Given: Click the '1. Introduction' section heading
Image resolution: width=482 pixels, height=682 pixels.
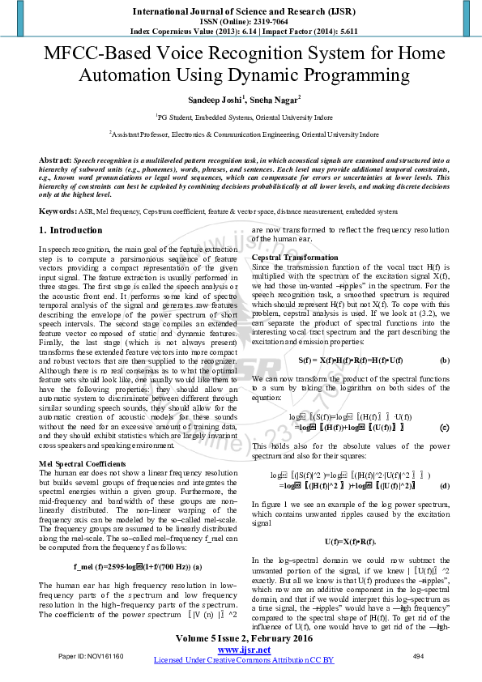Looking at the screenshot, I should pos(70,230).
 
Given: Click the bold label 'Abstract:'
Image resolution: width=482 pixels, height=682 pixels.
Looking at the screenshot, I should pos(55,160).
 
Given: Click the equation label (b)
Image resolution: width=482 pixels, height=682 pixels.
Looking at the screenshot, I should pos(445,359).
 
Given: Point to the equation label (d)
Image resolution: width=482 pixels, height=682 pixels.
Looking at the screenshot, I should pos(445,486).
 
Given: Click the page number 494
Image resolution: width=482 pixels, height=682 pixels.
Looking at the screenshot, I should pos(419,655).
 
